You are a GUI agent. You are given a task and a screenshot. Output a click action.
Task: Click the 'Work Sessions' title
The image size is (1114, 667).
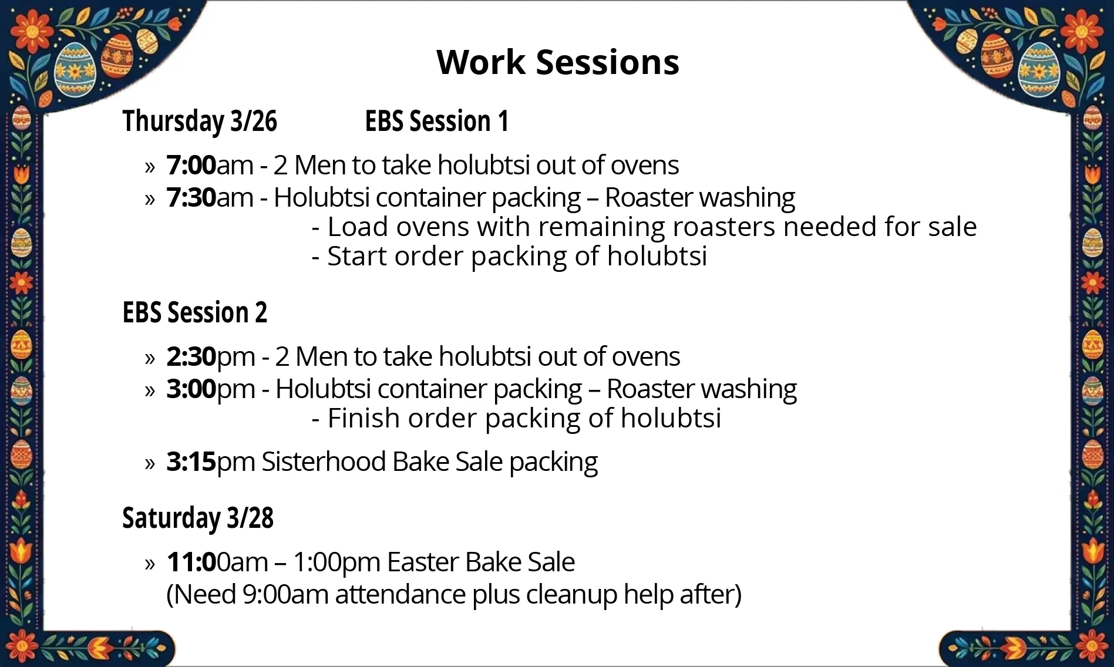(x=557, y=62)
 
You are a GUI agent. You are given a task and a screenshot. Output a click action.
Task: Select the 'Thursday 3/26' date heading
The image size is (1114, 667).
(x=200, y=122)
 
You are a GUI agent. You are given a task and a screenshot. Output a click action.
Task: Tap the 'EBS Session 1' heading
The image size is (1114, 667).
(x=436, y=122)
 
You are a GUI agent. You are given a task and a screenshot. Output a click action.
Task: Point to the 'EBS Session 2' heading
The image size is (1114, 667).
(x=194, y=312)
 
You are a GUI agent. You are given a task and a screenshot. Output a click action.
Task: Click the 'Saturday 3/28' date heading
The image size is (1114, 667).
(x=198, y=518)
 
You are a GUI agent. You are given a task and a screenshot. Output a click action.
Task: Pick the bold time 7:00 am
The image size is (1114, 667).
(x=191, y=166)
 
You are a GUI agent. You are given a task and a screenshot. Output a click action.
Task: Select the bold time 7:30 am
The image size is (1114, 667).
(x=191, y=198)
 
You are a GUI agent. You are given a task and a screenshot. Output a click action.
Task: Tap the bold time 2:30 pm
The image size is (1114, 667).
(x=191, y=357)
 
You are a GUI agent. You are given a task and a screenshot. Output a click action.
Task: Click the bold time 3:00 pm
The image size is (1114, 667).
(x=191, y=389)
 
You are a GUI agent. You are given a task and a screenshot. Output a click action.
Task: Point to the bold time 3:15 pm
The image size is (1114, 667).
(x=191, y=462)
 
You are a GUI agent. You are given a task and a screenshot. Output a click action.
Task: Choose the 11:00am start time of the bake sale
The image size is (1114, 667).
(x=217, y=562)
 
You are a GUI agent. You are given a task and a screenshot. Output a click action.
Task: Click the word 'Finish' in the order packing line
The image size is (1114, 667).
(x=364, y=419)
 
